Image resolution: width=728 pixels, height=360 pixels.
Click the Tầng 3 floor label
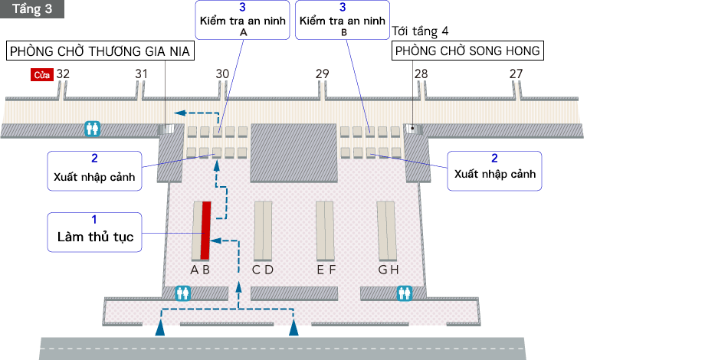click(x=32, y=8)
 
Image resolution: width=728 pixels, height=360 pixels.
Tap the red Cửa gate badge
click(x=41, y=75)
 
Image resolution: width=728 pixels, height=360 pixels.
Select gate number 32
click(x=63, y=74)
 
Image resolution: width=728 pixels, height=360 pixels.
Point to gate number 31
click(x=141, y=74)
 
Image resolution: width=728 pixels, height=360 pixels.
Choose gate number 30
click(x=222, y=74)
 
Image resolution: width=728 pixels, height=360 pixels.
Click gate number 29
click(x=322, y=74)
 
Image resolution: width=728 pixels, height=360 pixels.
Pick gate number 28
click(x=421, y=74)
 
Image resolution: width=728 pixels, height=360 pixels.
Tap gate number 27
click(x=516, y=74)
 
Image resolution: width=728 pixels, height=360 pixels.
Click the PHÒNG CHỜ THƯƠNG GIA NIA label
click(x=100, y=51)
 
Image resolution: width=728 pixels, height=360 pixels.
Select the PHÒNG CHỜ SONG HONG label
click(x=467, y=51)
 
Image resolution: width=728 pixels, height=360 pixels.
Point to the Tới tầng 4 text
click(x=420, y=31)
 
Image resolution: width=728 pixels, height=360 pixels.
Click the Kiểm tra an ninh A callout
click(x=243, y=21)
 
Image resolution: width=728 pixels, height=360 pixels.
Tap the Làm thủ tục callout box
click(x=95, y=231)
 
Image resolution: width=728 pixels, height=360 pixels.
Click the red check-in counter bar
click(x=205, y=230)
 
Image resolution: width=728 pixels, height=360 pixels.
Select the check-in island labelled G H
click(x=385, y=230)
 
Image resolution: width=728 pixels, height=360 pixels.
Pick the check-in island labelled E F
click(x=326, y=230)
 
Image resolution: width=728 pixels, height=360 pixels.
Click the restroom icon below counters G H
click(x=405, y=293)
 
